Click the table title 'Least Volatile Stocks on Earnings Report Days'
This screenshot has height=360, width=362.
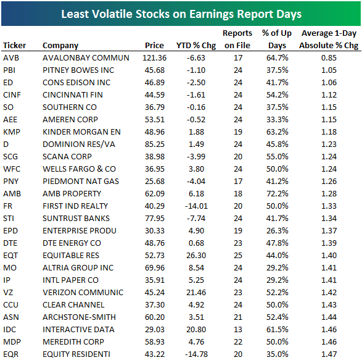point(181,12)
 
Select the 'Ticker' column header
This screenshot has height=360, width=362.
point(14,45)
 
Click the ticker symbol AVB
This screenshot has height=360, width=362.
point(11,57)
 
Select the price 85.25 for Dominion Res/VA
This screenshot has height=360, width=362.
point(154,144)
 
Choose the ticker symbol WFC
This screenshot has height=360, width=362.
point(12,169)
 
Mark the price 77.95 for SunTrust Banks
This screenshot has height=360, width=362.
point(154,218)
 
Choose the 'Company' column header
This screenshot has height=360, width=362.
point(60,45)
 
